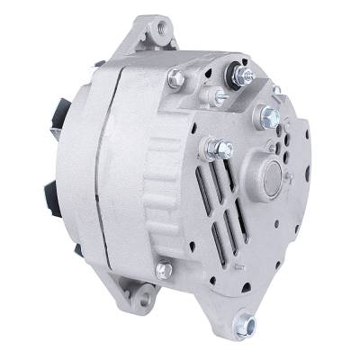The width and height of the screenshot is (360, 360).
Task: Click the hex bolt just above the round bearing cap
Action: tap(267, 115)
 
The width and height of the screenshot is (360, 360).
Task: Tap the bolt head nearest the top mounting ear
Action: tap(175, 80)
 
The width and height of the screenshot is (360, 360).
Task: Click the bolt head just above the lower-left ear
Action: tap(164, 269)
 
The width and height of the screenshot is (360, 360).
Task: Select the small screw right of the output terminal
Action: tap(277, 91)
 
